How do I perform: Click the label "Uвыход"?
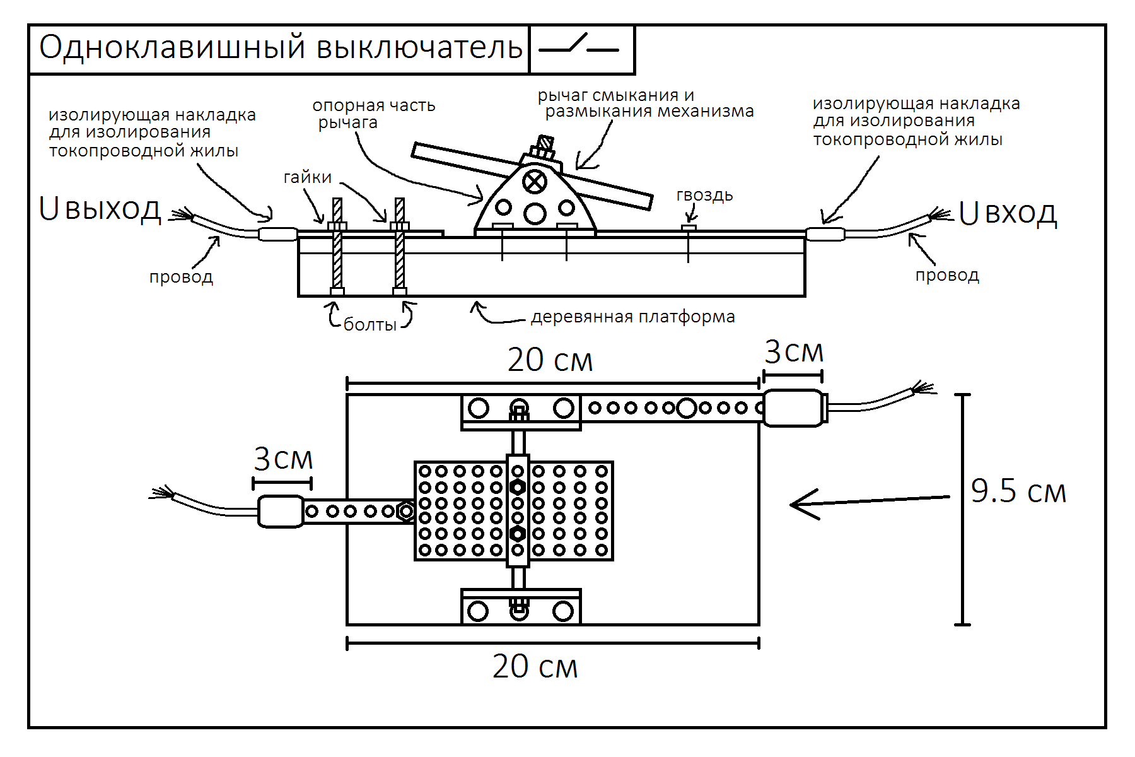pos(100,209)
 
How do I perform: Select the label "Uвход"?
pos(1008,213)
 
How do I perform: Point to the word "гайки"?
pos(308,178)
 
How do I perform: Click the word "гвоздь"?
pos(704,196)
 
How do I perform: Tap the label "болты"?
pos(370,324)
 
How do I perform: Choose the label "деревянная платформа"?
pos(633,317)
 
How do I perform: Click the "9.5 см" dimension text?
pos(1018,491)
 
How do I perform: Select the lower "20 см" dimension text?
pos(535,666)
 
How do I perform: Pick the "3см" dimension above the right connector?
pos(794,352)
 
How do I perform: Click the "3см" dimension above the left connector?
pos(283,459)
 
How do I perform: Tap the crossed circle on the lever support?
pos(535,182)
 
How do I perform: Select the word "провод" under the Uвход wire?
pos(947,276)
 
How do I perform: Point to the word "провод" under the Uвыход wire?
pos(181,278)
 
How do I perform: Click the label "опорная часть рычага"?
pos(373,114)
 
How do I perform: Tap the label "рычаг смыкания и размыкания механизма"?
pos(646,103)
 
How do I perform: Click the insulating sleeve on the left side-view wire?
pos(277,234)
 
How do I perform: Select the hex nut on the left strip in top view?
pos(405,511)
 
